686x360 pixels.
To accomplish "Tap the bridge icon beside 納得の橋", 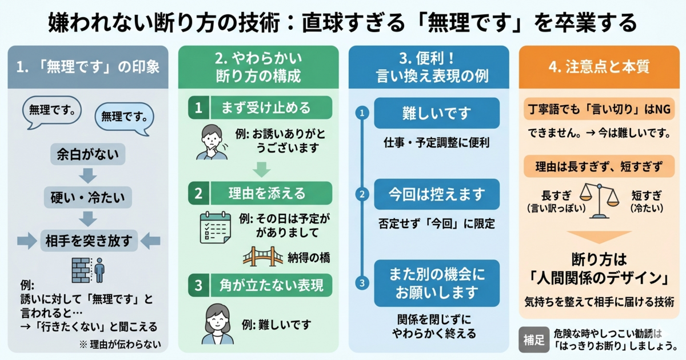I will pyautogui.click(x=263, y=257).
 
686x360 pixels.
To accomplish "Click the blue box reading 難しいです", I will pyautogui.click(x=437, y=113).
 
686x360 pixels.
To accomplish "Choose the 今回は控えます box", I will pyautogui.click(x=437, y=194).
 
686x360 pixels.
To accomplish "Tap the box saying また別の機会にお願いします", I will pyautogui.click(x=437, y=283).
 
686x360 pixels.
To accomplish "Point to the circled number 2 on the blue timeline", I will pyautogui.click(x=361, y=194).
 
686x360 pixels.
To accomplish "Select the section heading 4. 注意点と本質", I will pyautogui.click(x=599, y=67).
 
